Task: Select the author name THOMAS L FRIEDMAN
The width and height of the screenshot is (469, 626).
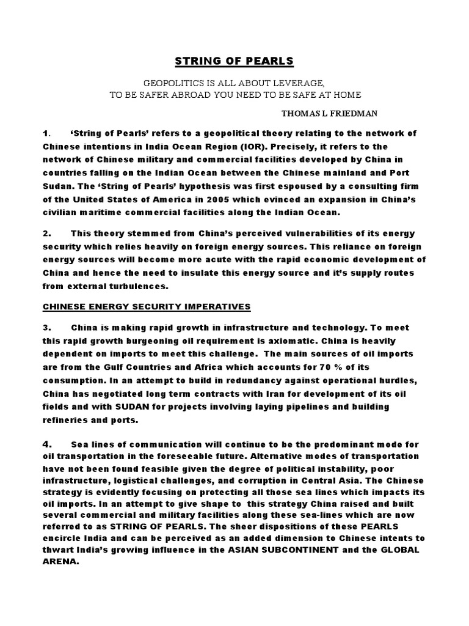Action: (330, 114)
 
